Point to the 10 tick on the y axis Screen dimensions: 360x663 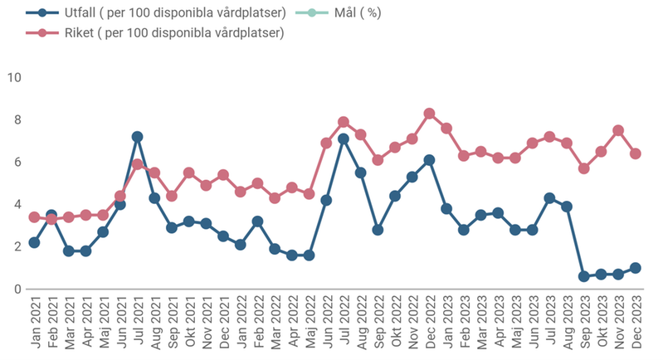point(14,77)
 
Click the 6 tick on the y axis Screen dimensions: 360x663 point(17,162)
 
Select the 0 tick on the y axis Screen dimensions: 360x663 point(17,289)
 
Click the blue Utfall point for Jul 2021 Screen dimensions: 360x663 point(138,136)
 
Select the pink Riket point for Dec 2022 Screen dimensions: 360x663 point(429,113)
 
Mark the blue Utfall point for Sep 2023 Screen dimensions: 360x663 point(583,276)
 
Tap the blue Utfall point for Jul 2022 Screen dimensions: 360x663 point(344,139)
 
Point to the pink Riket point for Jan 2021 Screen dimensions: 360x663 point(34,217)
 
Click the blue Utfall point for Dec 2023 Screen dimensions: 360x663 point(635,268)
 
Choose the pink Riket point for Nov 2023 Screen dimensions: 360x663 point(618,130)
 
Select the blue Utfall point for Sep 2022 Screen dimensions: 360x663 point(378,230)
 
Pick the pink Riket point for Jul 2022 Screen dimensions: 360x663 point(344,122)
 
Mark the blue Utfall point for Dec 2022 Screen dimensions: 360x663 point(429,160)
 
